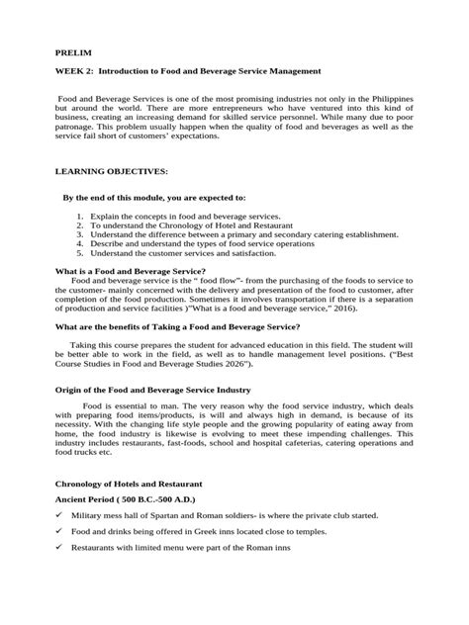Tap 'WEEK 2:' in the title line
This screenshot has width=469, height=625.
click(77, 72)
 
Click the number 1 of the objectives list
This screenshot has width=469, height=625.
click(78, 215)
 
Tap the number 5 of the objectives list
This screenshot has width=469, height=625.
click(78, 253)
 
